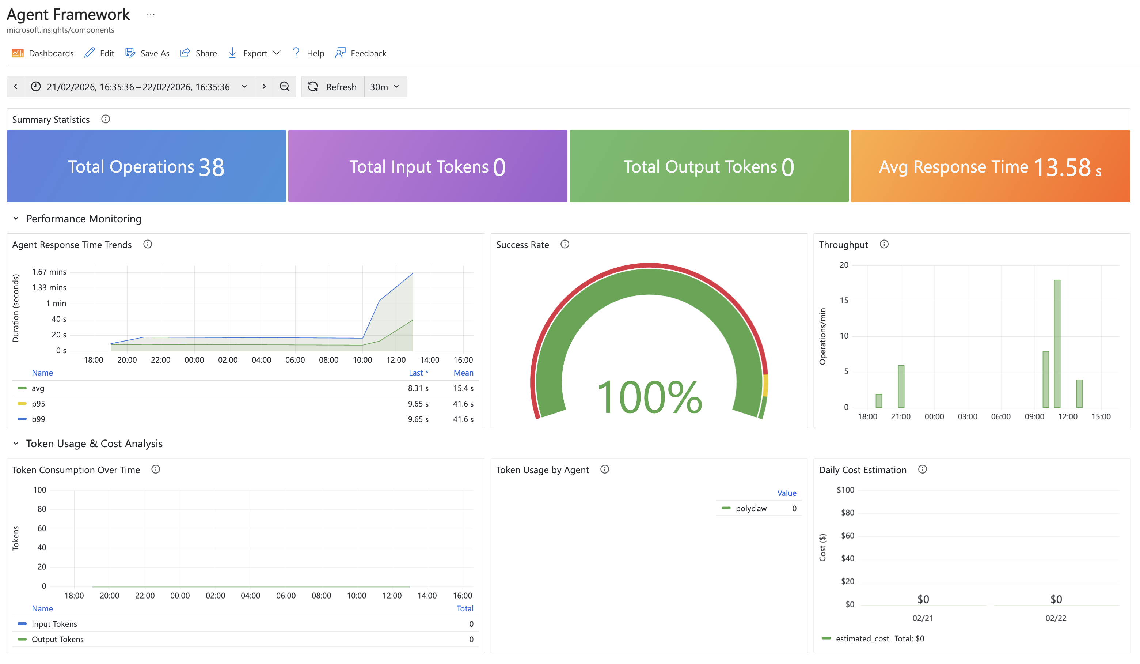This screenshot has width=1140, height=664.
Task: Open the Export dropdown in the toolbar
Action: pos(255,53)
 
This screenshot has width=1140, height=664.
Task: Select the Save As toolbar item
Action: pos(148,53)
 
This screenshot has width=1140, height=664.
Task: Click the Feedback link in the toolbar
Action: pos(361,53)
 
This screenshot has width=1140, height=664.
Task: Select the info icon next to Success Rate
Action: pos(565,244)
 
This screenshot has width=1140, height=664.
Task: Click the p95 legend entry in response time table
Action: pos(38,404)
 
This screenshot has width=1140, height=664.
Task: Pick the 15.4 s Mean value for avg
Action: pos(463,388)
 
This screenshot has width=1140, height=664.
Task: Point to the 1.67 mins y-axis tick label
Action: pos(49,272)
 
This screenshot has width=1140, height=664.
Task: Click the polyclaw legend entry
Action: pos(750,508)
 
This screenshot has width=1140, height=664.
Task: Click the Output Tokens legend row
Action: pos(57,639)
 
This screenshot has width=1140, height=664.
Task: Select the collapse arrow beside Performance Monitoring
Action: pos(16,219)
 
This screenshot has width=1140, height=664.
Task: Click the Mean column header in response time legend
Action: pos(463,373)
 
